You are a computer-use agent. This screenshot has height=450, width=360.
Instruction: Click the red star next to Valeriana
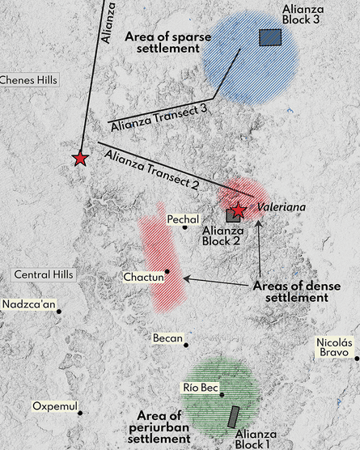(239, 210)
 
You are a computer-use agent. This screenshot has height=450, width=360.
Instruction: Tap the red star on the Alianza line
(80, 159)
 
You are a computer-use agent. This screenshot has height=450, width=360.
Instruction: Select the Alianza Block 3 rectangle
(270, 37)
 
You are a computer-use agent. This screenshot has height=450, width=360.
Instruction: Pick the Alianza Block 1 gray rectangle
(234, 417)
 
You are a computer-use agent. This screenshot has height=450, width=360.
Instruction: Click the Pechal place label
(181, 219)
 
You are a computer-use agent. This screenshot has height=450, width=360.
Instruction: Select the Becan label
(167, 338)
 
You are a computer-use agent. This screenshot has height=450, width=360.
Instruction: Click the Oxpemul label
(52, 405)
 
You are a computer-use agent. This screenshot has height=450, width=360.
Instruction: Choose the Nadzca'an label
(25, 304)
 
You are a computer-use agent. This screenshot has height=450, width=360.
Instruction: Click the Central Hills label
(44, 274)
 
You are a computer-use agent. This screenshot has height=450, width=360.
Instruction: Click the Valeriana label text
(282, 207)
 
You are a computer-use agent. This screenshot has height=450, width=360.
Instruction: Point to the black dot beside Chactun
(167, 272)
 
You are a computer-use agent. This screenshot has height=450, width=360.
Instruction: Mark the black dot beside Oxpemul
(80, 413)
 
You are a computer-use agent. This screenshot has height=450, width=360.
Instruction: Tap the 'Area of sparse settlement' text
(163, 43)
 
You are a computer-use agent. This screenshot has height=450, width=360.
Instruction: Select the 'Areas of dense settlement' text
(296, 291)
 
